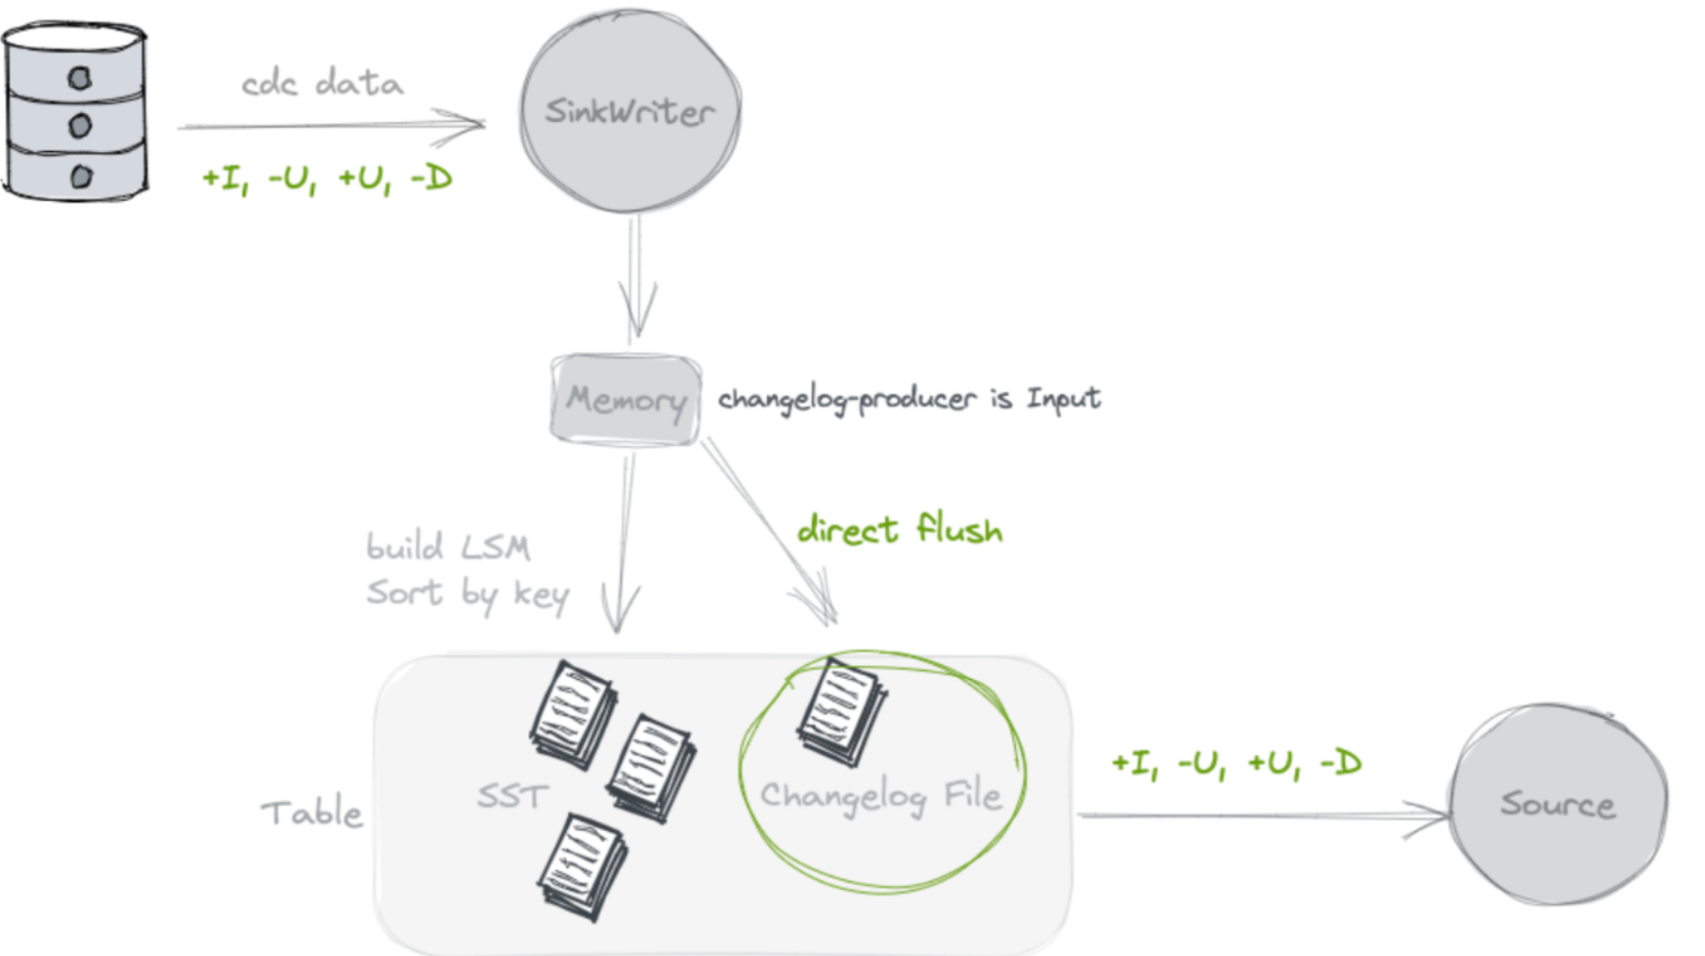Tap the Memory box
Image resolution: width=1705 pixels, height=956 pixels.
pos(626,399)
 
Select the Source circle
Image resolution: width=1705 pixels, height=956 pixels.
pos(1558,804)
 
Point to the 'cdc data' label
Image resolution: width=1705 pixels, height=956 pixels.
pos(322,84)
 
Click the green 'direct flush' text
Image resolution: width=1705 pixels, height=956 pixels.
pos(900,530)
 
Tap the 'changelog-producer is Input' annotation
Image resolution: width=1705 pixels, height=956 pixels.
pos(909,399)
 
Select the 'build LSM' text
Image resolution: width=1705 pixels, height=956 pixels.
pos(448,546)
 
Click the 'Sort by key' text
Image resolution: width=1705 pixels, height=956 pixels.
pos(467,593)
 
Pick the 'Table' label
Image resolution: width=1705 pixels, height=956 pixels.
pos(311,813)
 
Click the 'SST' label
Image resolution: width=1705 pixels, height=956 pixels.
pos(512,796)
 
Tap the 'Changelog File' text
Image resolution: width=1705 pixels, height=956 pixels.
pos(880,796)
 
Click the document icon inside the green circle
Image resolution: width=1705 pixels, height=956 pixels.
pos(841,709)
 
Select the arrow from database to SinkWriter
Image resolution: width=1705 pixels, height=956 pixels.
pos(332,125)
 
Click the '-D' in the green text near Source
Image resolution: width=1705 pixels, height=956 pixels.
pos(1340,763)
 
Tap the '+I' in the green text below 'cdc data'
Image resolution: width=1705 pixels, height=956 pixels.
pos(223,179)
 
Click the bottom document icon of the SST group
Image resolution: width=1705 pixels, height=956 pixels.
pos(582,866)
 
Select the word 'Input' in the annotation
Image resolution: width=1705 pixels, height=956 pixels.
pos(1063,399)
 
